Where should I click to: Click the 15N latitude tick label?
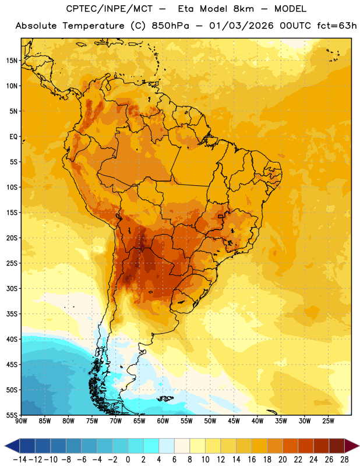pyautogui.click(x=12, y=61)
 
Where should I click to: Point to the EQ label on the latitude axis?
pyautogui.click(x=13, y=137)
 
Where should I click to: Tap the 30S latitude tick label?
pyautogui.click(x=12, y=288)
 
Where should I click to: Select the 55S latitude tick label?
pyautogui.click(x=12, y=415)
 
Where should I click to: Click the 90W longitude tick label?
pyautogui.click(x=21, y=421)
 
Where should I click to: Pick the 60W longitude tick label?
pyautogui.click(x=163, y=421)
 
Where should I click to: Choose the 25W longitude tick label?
pyautogui.click(x=329, y=421)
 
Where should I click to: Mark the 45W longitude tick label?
pyautogui.click(x=234, y=421)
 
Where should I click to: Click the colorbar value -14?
pyautogui.click(x=20, y=460)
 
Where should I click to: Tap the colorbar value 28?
pyautogui.click(x=344, y=460)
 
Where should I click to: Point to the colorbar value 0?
pyautogui.click(x=128, y=460)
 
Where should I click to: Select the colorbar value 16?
pyautogui.click(x=252, y=460)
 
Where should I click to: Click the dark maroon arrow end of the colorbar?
pyautogui.click(x=352, y=446)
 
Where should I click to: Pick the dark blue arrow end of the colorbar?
pyautogui.click(x=12, y=446)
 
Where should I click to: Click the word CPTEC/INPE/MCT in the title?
pyautogui.click(x=110, y=9)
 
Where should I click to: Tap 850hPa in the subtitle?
pyautogui.click(x=170, y=26)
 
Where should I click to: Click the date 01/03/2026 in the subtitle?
pyautogui.click(x=241, y=26)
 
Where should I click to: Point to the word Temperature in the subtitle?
pyautogui.click(x=93, y=26)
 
